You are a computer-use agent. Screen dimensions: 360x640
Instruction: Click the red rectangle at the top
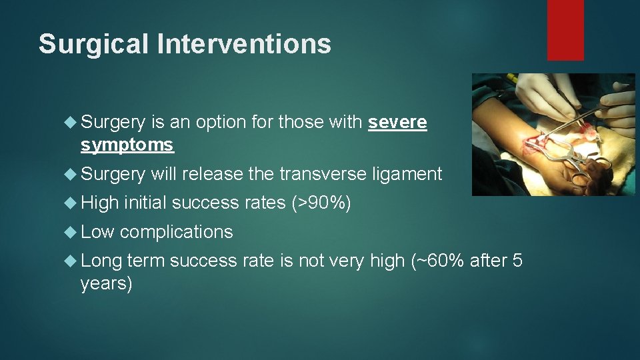(x=565, y=30)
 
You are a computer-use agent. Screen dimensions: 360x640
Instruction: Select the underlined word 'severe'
(x=397, y=123)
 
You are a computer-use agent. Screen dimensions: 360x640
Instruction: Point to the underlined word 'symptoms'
(x=127, y=145)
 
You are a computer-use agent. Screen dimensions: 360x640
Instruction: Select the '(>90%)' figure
(x=322, y=203)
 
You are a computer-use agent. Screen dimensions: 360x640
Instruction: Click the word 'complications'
(x=176, y=232)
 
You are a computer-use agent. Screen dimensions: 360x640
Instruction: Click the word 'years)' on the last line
(x=106, y=283)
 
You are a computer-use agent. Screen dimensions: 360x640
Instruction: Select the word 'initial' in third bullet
(x=145, y=203)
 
